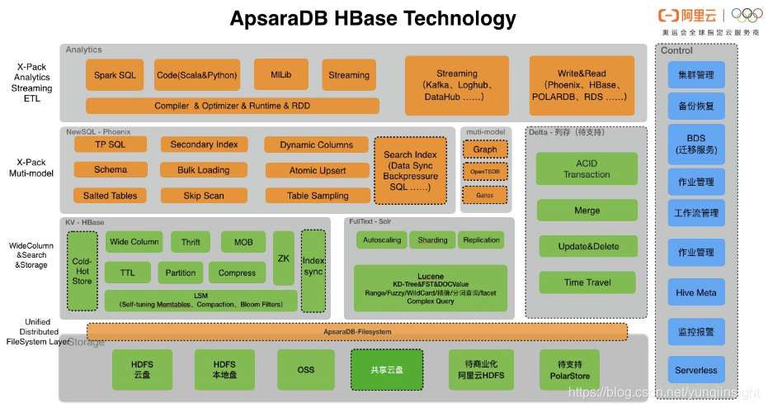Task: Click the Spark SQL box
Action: pos(115,75)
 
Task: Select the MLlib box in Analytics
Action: pos(281,74)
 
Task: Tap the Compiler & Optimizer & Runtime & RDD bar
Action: pos(232,106)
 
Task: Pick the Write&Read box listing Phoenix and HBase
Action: pos(581,85)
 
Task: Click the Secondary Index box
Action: pos(204,145)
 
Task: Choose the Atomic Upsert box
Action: pos(318,170)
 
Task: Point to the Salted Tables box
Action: pos(110,196)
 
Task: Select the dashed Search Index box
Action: pos(410,170)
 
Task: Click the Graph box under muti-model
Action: pos(485,149)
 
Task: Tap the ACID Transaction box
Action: pos(587,168)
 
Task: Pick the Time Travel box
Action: pos(587,282)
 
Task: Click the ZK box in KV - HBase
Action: pos(284,259)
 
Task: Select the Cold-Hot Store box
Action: pos(82,270)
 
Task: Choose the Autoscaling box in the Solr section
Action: pos(381,240)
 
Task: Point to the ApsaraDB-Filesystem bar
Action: pos(356,331)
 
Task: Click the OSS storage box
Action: pos(306,370)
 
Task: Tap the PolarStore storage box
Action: pos(569,370)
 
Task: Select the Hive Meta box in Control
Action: pos(695,292)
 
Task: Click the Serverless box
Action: pos(695,370)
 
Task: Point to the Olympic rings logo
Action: pos(747,15)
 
